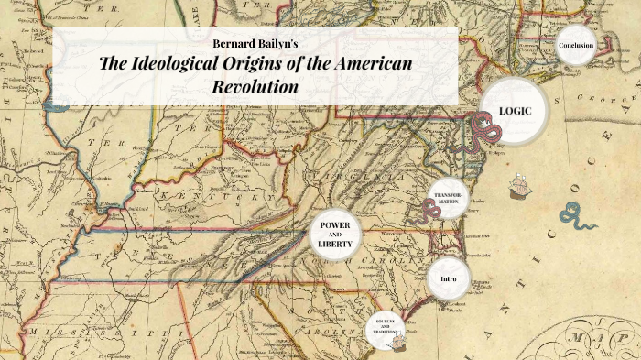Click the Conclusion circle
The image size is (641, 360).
tap(576, 46)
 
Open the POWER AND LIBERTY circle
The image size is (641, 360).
tap(336, 235)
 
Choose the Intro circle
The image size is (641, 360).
tap(449, 278)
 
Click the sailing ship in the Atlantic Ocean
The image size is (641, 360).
tap(519, 186)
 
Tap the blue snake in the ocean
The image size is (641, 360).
tap(580, 219)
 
